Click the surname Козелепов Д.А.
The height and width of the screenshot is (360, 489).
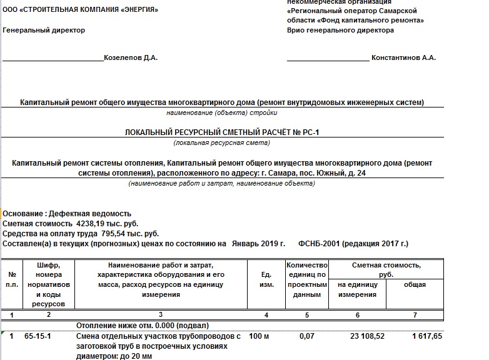coord(131,58)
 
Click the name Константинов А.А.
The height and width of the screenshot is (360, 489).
coord(403,58)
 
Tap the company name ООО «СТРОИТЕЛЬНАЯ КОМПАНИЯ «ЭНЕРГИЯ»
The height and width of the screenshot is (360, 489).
coord(81,11)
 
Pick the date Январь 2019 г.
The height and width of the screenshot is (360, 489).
coord(258,243)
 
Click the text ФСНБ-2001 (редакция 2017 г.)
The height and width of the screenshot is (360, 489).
coord(354,243)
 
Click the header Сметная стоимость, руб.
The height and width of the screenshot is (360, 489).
coord(386,269)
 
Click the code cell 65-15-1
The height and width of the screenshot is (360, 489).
coord(38,336)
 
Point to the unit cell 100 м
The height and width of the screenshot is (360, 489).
coord(261,336)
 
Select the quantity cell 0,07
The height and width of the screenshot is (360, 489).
coord(307,336)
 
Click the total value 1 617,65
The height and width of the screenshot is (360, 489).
coord(426,336)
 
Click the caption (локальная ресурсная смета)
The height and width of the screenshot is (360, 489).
coord(222,143)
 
